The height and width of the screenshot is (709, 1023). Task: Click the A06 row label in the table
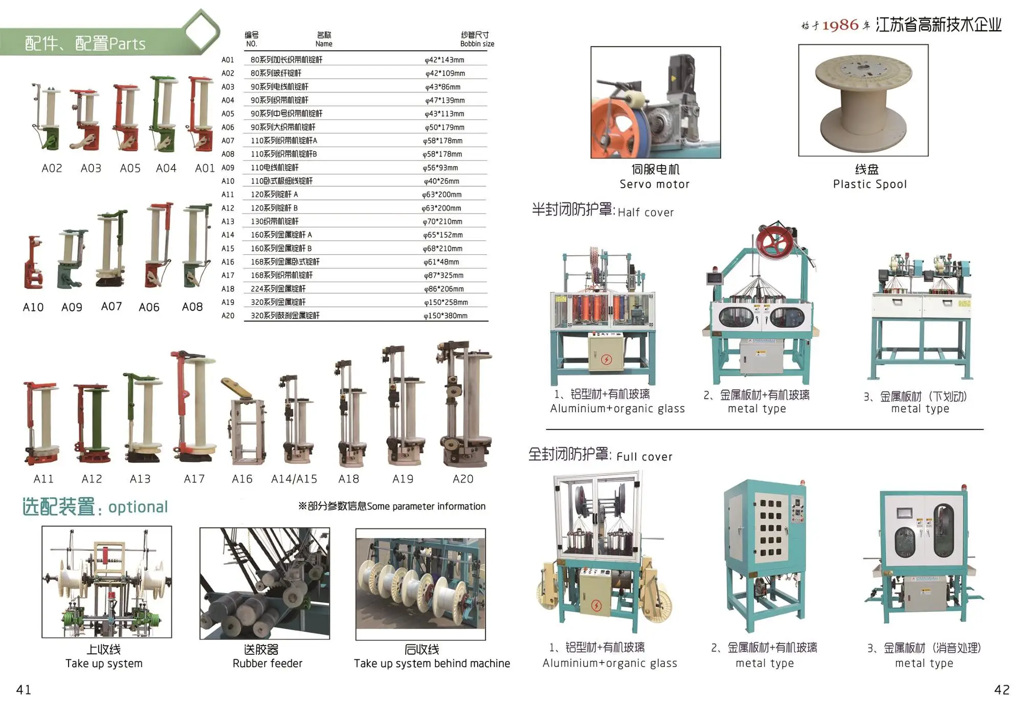(x=228, y=127)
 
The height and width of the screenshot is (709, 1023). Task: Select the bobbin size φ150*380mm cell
(x=446, y=316)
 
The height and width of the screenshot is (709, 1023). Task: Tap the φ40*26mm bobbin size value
(x=441, y=181)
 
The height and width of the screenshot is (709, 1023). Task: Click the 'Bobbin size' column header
(x=477, y=44)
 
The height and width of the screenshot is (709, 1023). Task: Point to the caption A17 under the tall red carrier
(x=194, y=479)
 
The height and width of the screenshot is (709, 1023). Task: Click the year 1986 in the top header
(x=840, y=25)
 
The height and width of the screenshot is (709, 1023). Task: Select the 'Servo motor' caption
(x=655, y=184)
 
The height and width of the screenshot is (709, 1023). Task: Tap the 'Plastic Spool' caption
(x=870, y=184)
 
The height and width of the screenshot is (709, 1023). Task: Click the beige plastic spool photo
(x=863, y=100)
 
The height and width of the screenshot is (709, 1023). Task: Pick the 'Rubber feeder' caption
(x=268, y=663)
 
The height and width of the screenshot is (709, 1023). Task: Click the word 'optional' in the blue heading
(x=138, y=507)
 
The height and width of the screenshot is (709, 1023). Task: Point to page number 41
(x=24, y=690)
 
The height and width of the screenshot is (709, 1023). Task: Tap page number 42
(x=1002, y=690)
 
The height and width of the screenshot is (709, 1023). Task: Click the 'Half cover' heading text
(x=646, y=212)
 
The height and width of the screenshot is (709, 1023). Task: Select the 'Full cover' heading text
(x=644, y=457)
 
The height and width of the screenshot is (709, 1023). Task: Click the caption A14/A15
(x=294, y=479)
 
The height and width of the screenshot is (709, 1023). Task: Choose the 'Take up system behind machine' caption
(x=432, y=663)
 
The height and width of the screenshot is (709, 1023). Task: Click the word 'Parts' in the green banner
(x=128, y=44)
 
